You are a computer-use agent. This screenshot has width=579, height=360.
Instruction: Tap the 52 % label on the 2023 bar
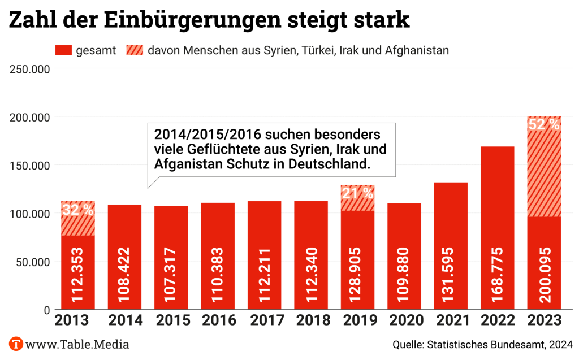(x=544, y=124)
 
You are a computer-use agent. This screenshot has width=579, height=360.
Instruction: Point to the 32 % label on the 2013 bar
(x=77, y=210)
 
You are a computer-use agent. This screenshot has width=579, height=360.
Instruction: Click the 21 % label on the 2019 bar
(x=357, y=193)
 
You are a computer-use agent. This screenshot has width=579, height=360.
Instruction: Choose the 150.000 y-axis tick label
(x=30, y=166)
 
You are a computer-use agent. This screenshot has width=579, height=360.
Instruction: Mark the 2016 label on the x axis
(x=218, y=320)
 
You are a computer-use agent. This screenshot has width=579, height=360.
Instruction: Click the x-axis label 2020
(x=404, y=320)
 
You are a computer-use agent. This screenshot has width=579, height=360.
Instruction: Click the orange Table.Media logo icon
(x=16, y=344)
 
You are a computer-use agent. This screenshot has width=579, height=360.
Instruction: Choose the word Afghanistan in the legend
(x=417, y=50)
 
